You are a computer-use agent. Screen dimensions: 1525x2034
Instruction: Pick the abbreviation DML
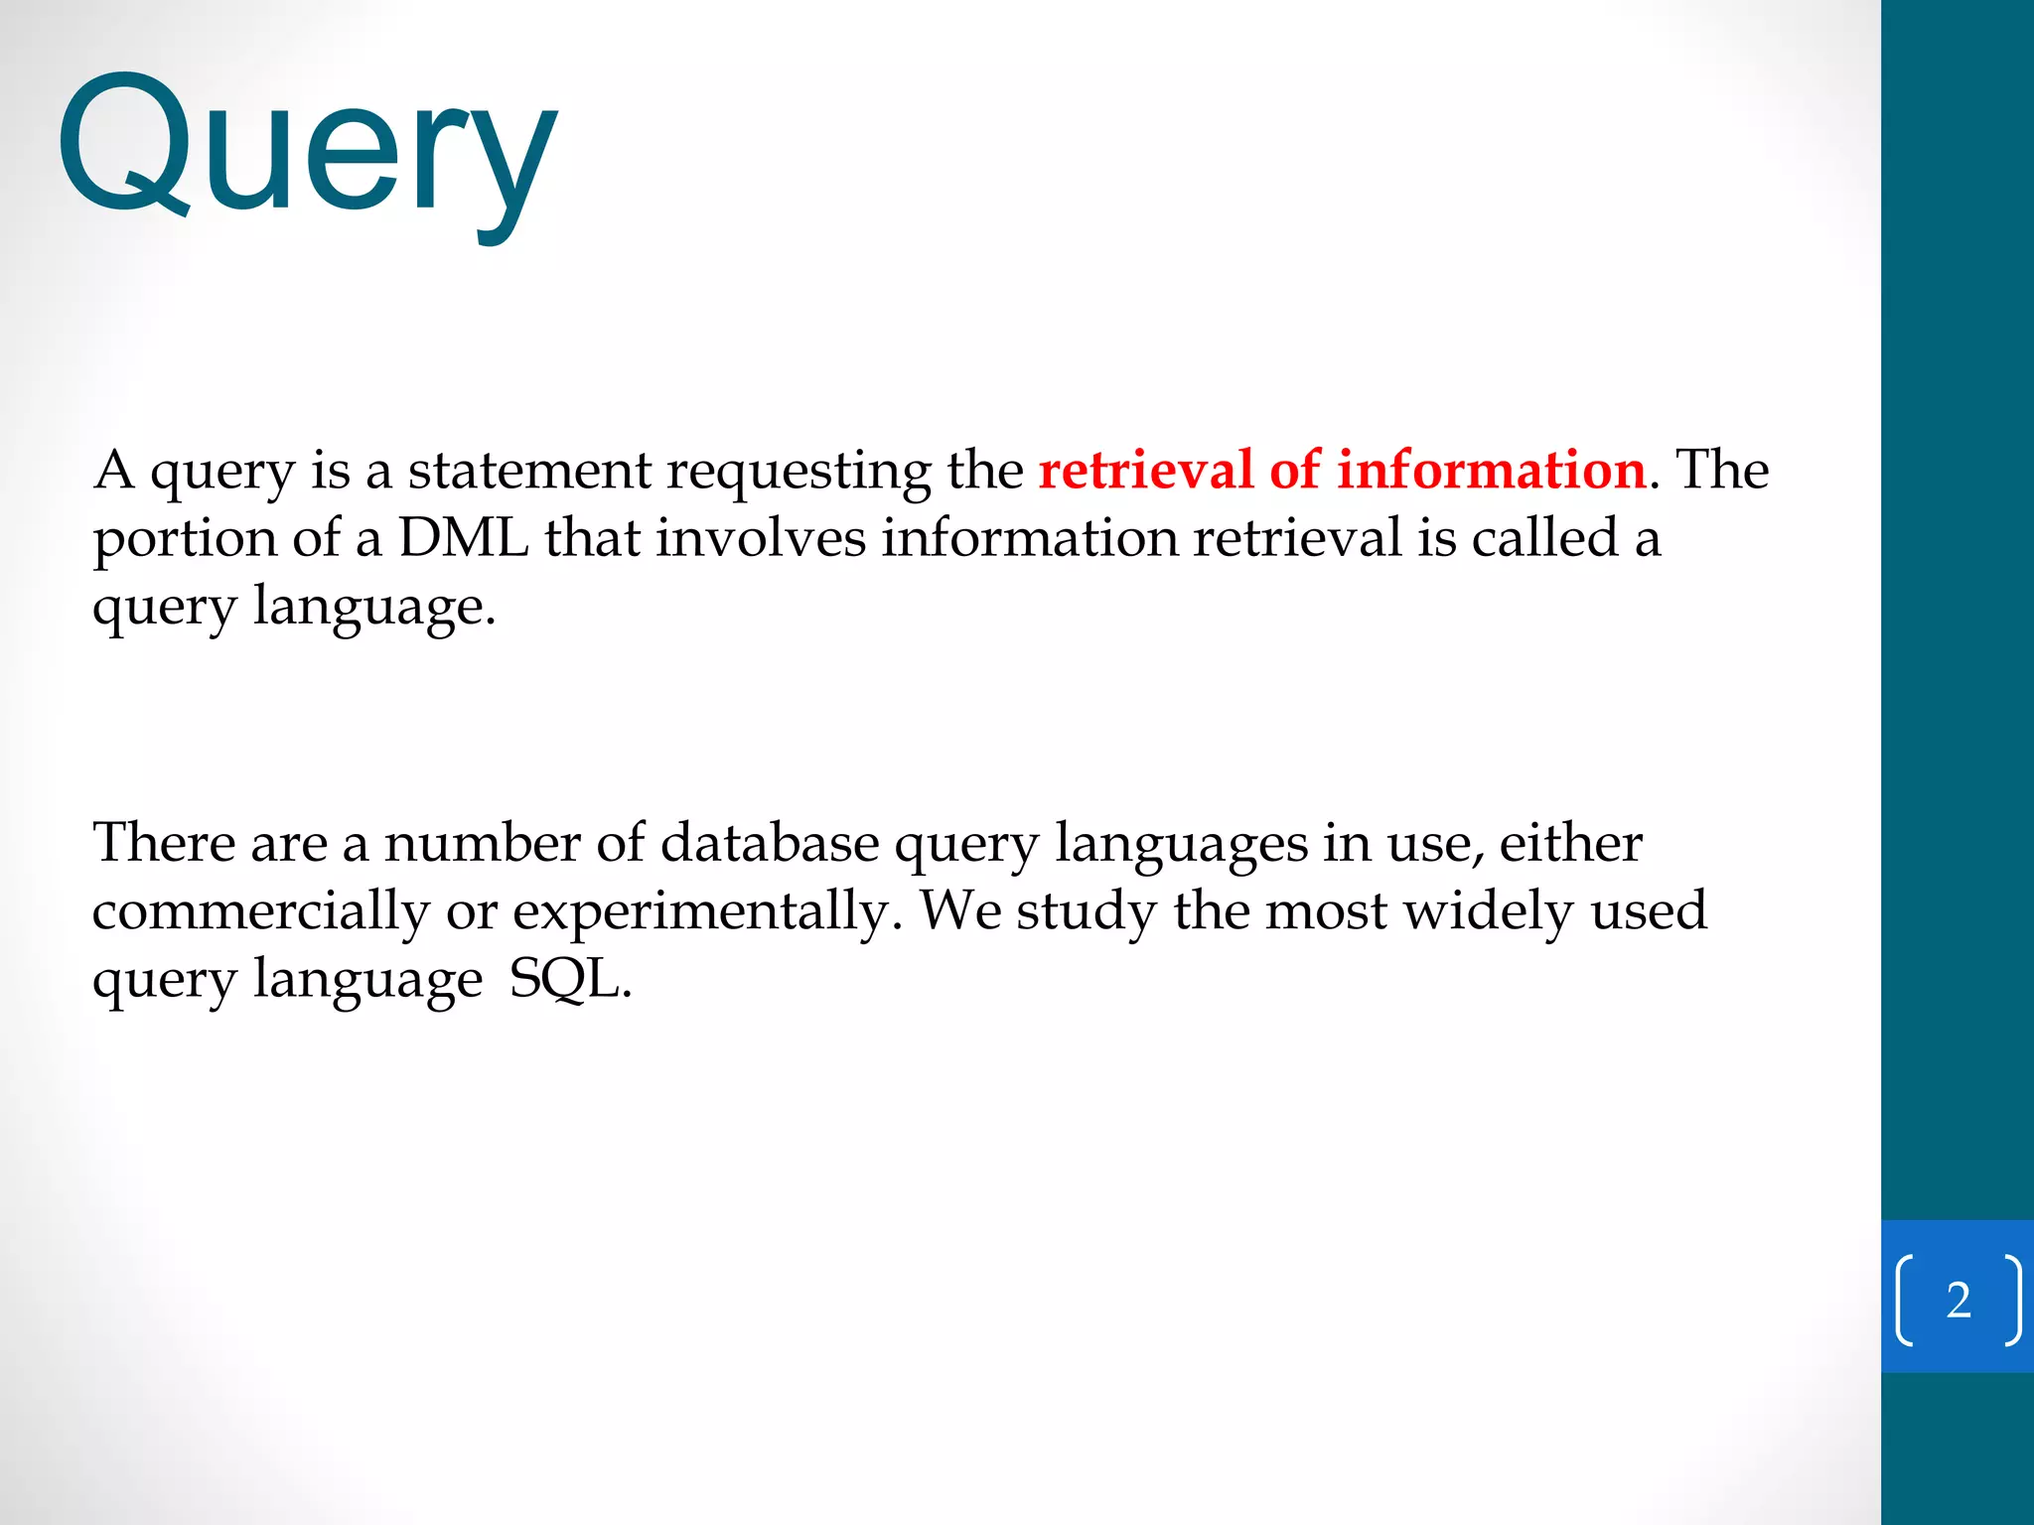pyautogui.click(x=463, y=538)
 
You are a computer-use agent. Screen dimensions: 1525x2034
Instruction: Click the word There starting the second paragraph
pyautogui.click(x=164, y=843)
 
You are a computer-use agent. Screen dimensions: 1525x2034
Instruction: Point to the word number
pyautogui.click(x=482, y=843)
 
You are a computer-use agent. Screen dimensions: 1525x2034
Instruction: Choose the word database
pyautogui.click(x=770, y=843)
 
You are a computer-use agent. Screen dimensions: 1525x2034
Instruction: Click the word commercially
pyautogui.click(x=261, y=912)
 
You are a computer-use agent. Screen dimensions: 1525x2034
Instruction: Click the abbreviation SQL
pyautogui.click(x=569, y=980)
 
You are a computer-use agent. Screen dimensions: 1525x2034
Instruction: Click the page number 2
pyautogui.click(x=1959, y=1300)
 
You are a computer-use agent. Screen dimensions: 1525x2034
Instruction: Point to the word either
pyautogui.click(x=1570, y=843)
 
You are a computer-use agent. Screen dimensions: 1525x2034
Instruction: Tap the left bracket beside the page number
pyautogui.click(x=1905, y=1300)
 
